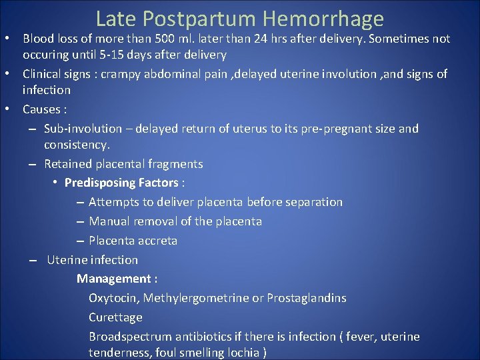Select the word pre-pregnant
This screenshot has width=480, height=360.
coord(331,129)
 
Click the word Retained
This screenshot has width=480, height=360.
coord(67,164)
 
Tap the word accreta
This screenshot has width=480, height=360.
coord(157,241)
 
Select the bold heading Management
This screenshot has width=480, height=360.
coord(113,279)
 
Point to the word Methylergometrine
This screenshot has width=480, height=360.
coord(196,298)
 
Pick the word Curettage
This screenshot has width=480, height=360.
coord(115,317)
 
